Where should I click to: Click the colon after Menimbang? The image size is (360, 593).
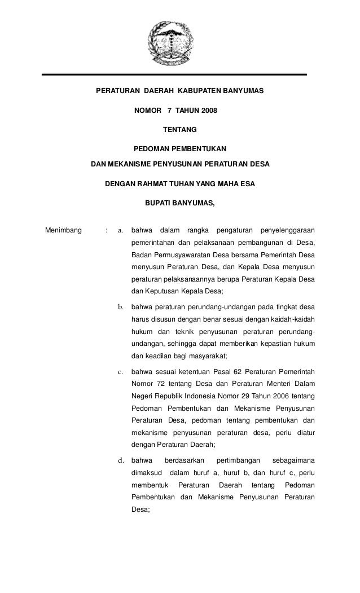[106, 230]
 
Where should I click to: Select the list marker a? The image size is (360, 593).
[120, 230]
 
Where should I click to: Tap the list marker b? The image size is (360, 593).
[120, 308]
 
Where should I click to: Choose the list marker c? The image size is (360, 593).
[120, 372]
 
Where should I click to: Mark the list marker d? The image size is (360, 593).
[120, 460]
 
